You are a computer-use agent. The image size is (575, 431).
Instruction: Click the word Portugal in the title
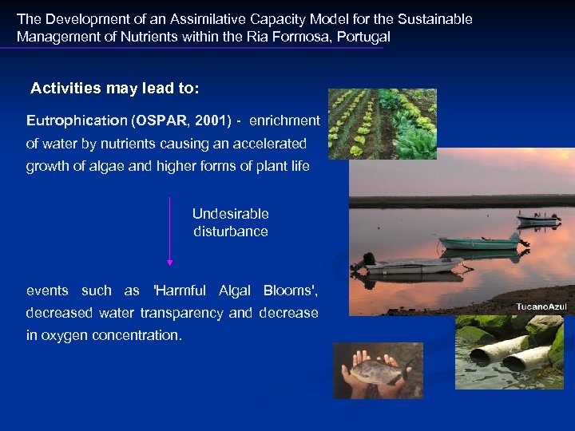click(x=366, y=37)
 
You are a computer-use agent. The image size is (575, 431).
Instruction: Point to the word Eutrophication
click(x=76, y=121)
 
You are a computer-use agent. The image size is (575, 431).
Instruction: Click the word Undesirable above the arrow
click(x=230, y=214)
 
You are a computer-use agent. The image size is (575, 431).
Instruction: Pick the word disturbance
click(x=230, y=231)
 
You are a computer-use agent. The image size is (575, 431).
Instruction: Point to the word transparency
click(x=183, y=313)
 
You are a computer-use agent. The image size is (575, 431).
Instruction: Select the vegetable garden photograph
click(x=383, y=124)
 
